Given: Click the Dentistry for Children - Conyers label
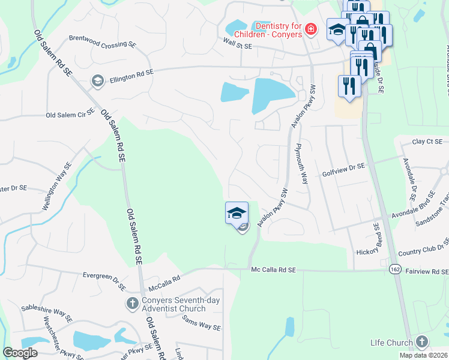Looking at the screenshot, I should tap(279, 29).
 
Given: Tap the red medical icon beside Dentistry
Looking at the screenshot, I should tap(310, 29).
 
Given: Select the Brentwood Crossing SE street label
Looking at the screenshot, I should tap(101, 45).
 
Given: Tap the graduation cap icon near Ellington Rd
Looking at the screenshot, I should tap(97, 80).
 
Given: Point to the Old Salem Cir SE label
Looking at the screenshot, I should tap(71, 114).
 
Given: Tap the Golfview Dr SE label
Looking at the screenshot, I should tap(344, 172).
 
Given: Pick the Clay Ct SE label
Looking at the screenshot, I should tap(427, 142).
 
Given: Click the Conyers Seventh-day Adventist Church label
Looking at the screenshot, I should tap(173, 305).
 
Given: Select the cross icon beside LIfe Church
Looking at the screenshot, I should tap(421, 343).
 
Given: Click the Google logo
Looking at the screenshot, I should tap(20, 353).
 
